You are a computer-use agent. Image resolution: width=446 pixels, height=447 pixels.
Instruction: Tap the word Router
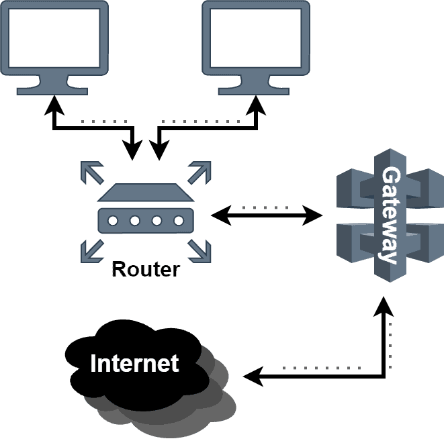point(146,269)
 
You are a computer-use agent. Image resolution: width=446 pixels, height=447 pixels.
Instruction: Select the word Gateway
point(390,215)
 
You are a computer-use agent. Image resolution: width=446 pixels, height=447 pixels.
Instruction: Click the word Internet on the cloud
point(134,363)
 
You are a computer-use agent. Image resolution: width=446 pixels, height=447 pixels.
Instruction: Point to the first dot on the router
point(113,220)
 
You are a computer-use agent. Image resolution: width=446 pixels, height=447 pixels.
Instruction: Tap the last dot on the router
point(179,220)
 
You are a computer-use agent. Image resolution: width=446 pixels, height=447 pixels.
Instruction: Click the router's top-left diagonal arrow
point(90,171)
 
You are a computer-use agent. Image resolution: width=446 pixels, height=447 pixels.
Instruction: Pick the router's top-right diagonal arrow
point(200,171)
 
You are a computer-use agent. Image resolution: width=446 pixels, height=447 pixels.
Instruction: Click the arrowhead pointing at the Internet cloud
point(250,377)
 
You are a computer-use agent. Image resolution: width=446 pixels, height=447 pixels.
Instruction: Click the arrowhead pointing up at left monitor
point(54,105)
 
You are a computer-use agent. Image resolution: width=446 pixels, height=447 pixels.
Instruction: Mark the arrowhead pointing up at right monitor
point(255,105)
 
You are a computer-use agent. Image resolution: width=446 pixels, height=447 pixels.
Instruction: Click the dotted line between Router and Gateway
point(265,207)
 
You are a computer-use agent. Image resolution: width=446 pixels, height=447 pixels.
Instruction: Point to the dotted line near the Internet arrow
point(322,368)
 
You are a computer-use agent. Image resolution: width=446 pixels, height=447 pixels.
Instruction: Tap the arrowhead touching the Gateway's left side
point(314,215)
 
